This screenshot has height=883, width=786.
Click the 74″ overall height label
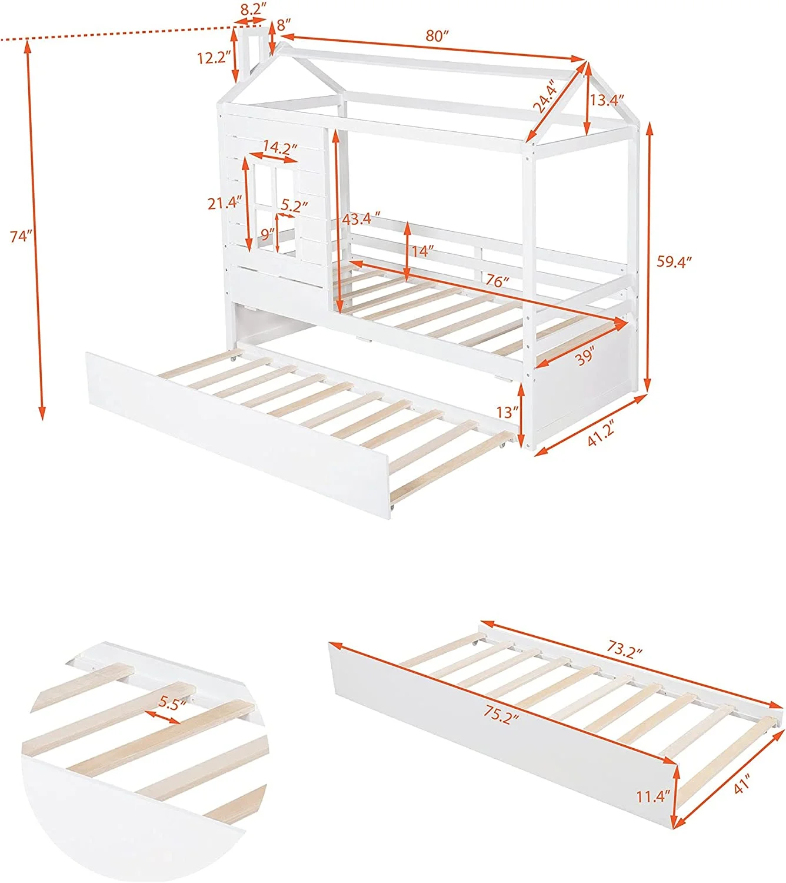point(21,237)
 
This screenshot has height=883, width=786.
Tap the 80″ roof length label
point(437,36)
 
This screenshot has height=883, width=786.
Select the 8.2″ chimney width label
point(253,9)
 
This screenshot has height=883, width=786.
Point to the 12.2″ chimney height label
point(214,58)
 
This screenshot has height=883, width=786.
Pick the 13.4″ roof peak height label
point(607,100)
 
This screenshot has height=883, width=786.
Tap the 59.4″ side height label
point(674,262)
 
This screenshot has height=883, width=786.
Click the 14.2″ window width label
point(280,148)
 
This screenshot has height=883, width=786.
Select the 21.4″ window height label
point(224,203)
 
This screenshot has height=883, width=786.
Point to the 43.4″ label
point(361,219)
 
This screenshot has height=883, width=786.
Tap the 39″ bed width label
point(585,357)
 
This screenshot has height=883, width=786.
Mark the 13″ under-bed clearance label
point(507,412)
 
